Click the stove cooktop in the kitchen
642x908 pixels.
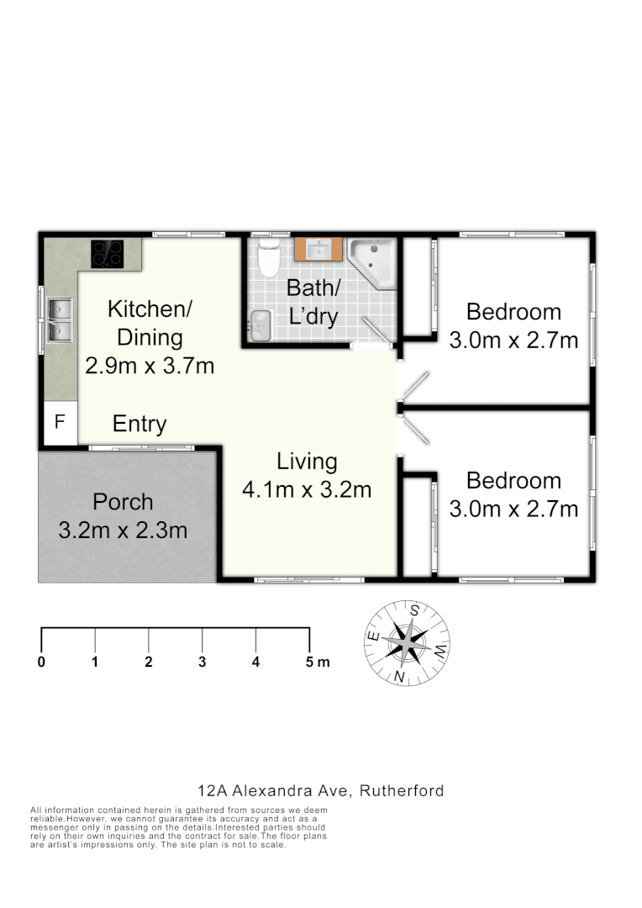(108, 253)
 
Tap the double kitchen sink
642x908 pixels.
(61, 321)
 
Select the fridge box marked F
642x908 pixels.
(60, 422)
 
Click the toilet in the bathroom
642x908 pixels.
(269, 258)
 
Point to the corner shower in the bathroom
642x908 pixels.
(374, 262)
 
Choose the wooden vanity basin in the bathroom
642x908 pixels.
(318, 251)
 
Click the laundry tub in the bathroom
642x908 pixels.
(260, 325)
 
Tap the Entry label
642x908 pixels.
(139, 425)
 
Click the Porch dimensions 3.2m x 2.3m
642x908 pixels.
(123, 531)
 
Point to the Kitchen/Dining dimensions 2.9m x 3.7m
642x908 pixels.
(150, 367)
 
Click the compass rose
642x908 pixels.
(407, 643)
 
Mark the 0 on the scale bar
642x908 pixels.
(41, 662)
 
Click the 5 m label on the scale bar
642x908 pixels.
(318, 662)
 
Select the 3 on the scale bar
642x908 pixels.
(202, 662)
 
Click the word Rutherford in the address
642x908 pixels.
(403, 790)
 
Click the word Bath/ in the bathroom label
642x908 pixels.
(313, 288)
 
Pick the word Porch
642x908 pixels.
(123, 502)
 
